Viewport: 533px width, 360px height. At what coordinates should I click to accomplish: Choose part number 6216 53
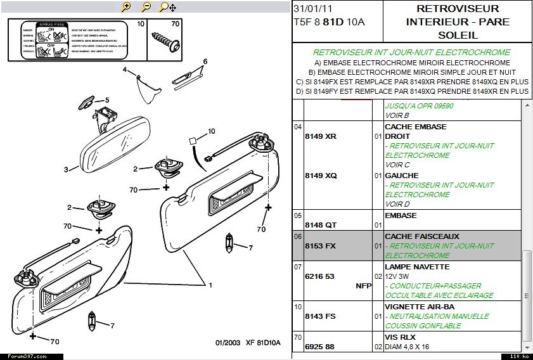(320, 277)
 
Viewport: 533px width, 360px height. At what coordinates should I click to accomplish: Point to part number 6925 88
(320, 347)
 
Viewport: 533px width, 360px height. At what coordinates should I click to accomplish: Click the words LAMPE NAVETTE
(417, 267)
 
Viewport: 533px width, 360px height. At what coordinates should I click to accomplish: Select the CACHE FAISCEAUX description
(421, 236)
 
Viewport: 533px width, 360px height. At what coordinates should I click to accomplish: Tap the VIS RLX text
(401, 337)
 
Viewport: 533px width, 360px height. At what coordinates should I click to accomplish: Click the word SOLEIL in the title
(458, 35)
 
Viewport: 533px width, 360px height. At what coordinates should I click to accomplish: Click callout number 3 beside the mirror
(65, 169)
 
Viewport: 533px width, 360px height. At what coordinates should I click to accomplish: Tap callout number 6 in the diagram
(205, 62)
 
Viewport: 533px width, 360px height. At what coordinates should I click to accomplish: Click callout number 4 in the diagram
(125, 69)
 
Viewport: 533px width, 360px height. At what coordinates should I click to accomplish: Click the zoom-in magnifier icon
(126, 7)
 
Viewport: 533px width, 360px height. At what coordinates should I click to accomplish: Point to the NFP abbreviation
(363, 286)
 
